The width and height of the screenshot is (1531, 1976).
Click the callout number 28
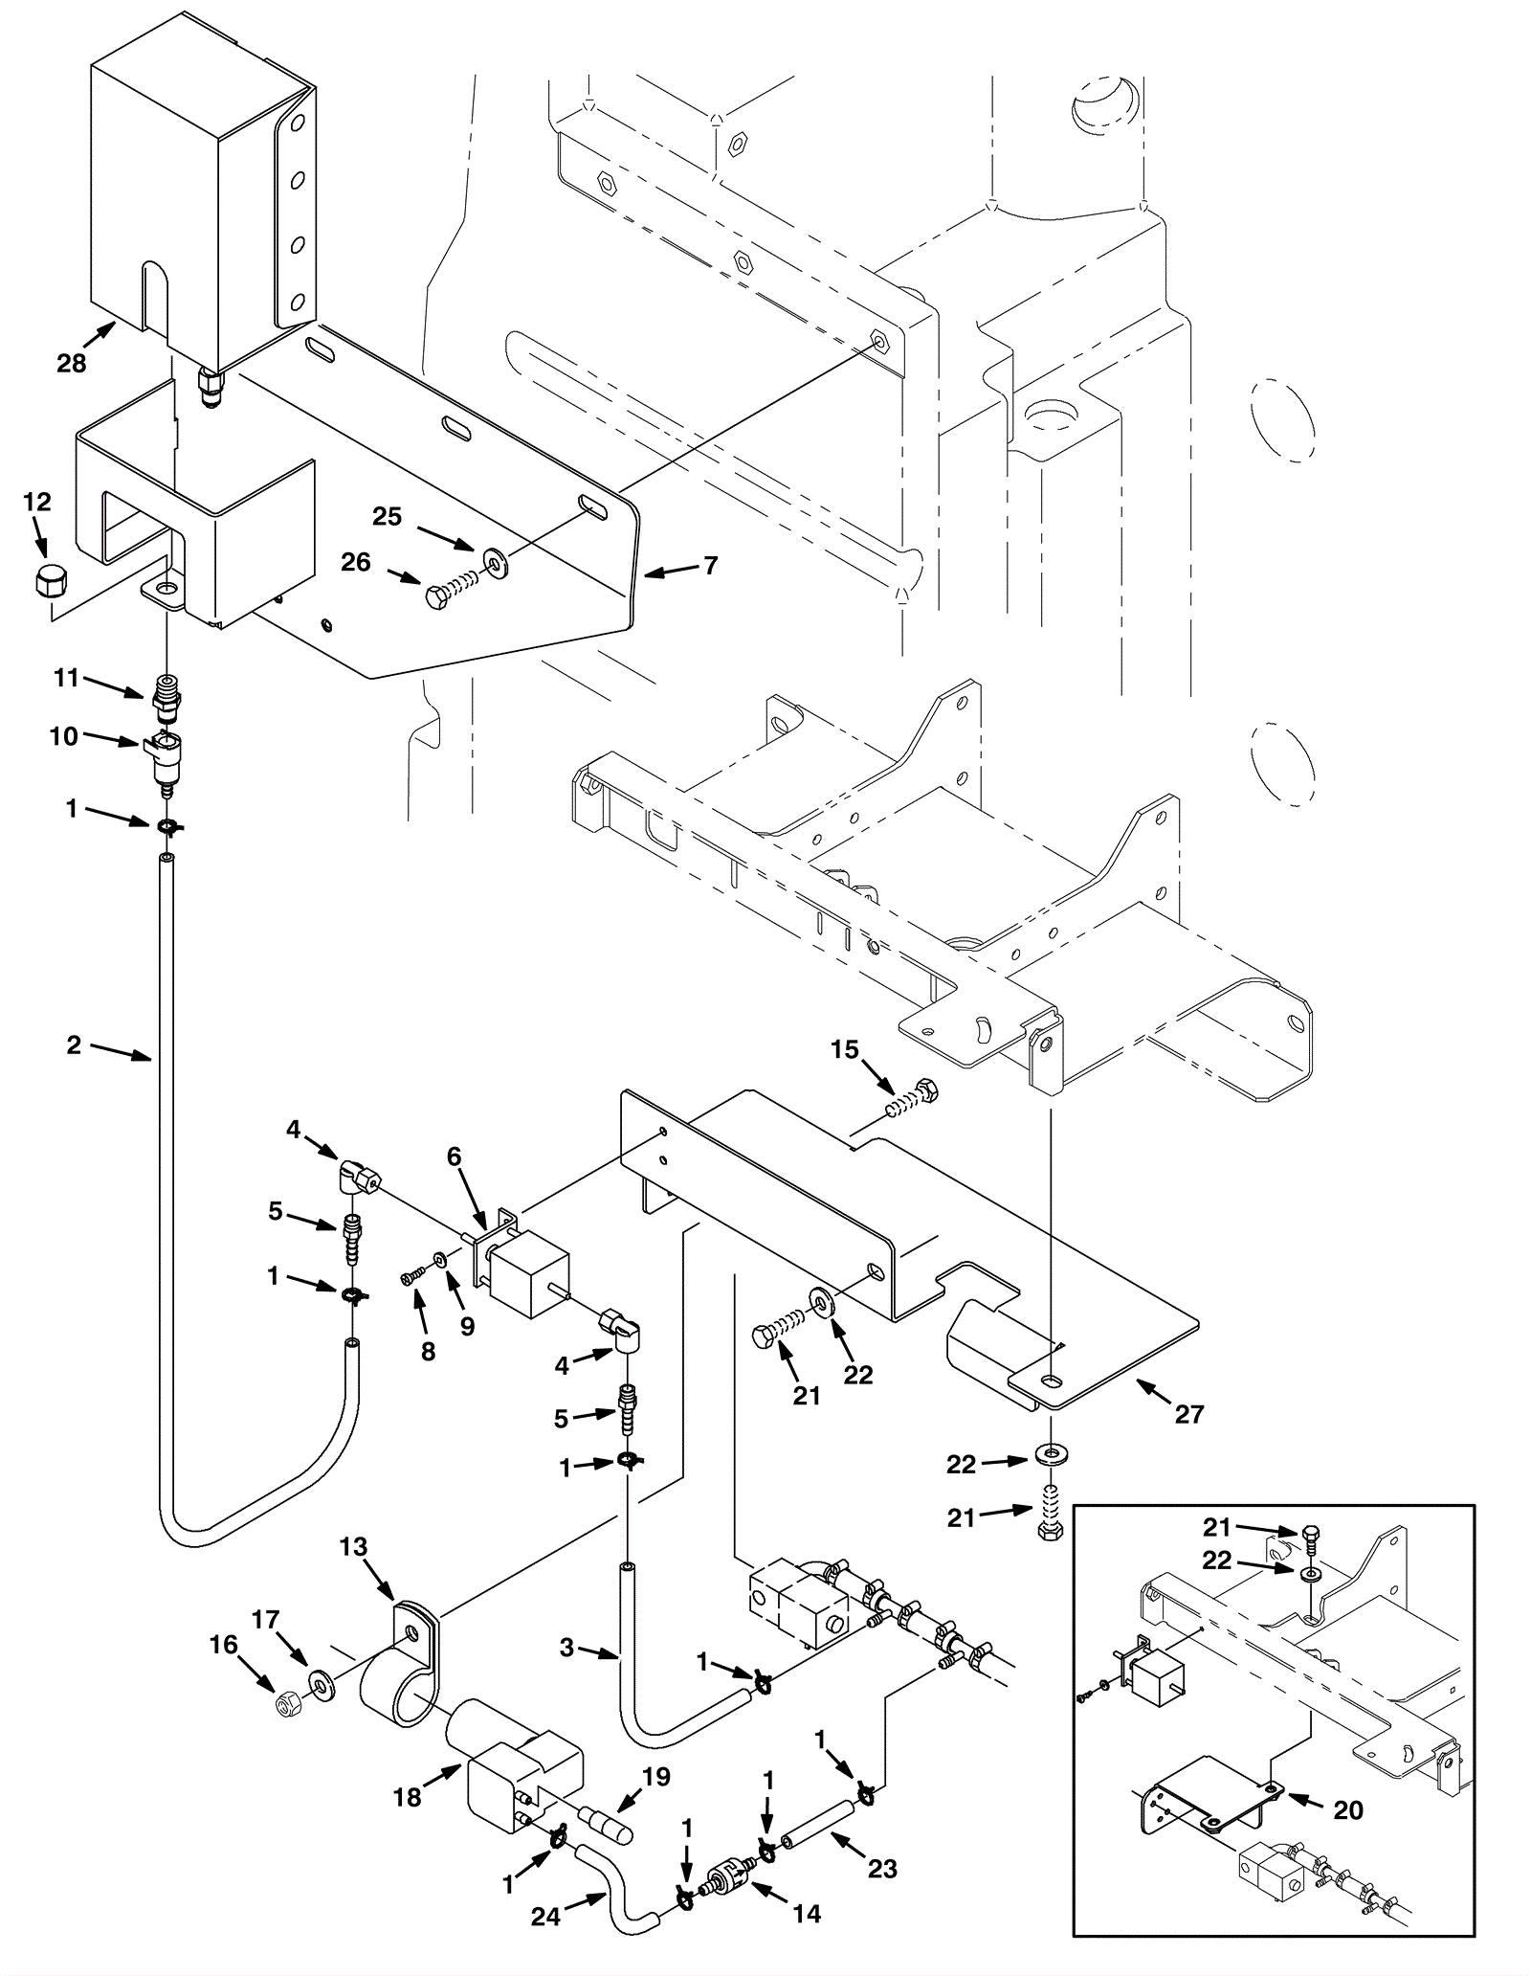[x=71, y=363]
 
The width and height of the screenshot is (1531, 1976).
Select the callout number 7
[x=710, y=566]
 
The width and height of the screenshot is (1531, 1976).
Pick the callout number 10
[x=64, y=738]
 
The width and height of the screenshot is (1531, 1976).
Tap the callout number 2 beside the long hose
[x=74, y=1044]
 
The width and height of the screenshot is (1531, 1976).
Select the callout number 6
[x=454, y=1157]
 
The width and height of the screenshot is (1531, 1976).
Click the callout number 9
[x=467, y=1329]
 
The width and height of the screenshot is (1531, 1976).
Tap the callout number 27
[x=1188, y=1414]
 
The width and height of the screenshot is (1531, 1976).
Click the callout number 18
[x=408, y=1798]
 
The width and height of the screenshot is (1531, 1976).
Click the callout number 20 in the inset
[x=1348, y=1810]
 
